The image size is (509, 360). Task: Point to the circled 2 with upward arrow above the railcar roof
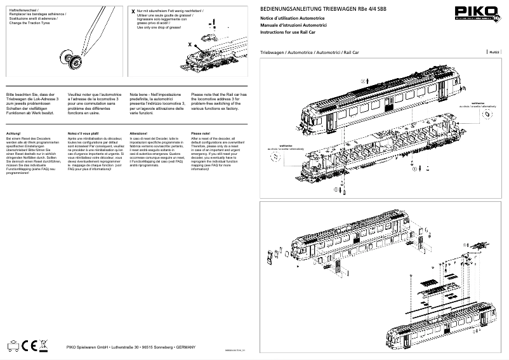pyautogui.click(x=364, y=81)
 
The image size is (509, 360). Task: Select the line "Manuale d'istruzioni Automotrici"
pyautogui.click(x=293, y=24)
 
